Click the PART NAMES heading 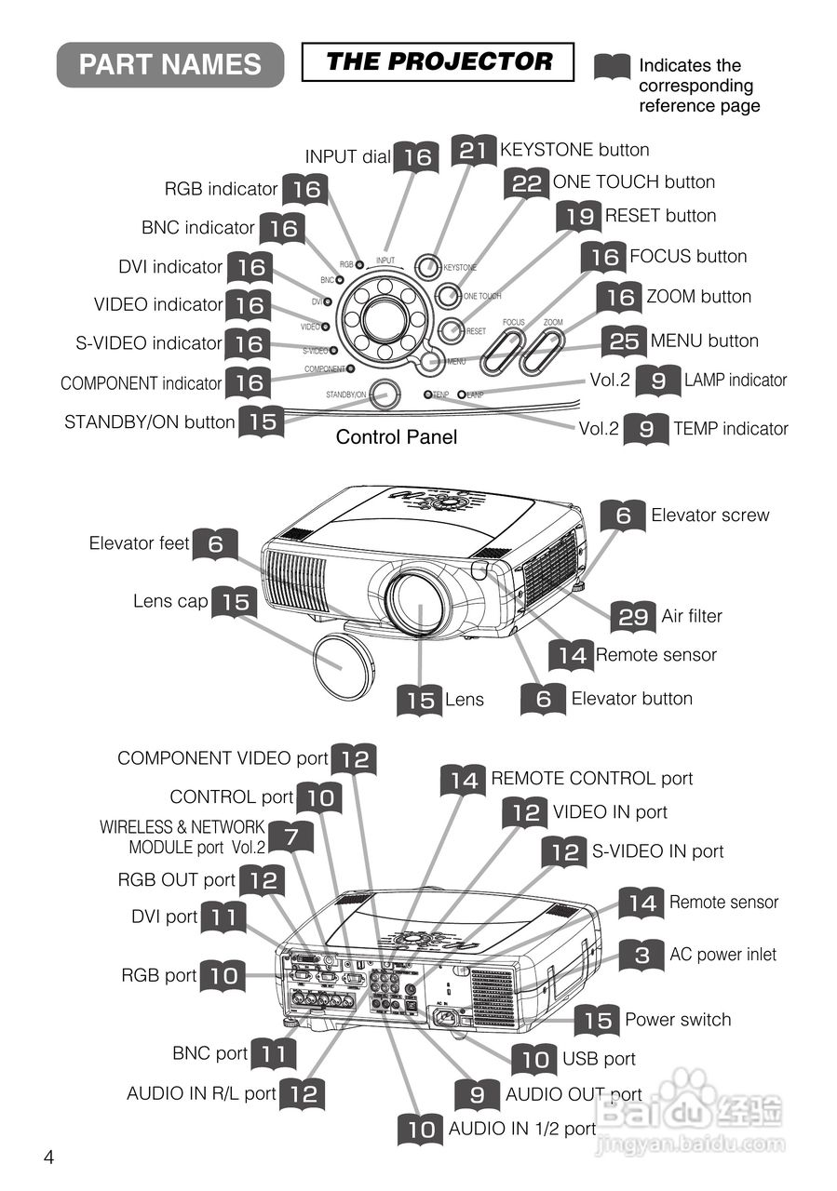170,64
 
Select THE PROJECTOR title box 439,62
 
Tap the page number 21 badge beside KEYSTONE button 474,151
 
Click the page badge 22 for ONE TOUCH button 527,183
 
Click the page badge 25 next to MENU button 624,341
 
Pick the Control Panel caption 397,436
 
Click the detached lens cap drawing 342,658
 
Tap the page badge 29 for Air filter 633,617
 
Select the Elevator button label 631,699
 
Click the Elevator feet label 140,543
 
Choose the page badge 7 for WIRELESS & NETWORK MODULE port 290,837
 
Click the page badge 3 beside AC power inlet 642,955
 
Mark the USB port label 599,1059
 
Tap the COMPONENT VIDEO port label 223,758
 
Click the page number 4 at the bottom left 48,1158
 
